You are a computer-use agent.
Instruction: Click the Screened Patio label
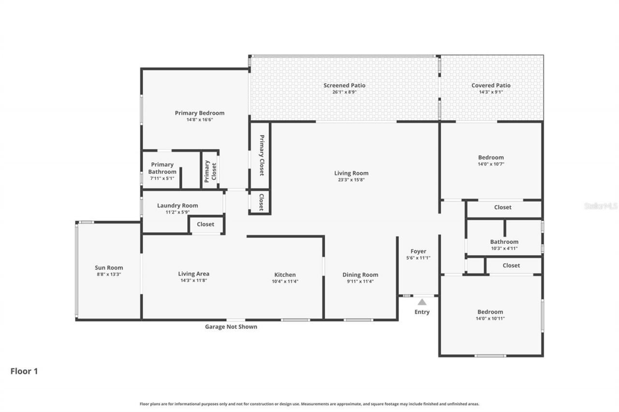click(344, 85)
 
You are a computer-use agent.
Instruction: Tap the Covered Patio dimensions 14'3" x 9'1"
click(491, 92)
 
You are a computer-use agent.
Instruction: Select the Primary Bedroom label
click(199, 113)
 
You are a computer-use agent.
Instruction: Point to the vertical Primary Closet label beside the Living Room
click(262, 155)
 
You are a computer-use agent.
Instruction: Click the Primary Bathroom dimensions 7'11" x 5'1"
click(162, 178)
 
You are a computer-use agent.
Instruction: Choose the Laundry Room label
click(177, 205)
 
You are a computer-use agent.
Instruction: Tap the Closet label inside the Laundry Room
click(206, 225)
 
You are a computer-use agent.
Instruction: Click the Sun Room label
click(109, 268)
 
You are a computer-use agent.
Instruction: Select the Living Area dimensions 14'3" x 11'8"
click(193, 281)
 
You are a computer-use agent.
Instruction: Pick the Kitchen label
click(285, 275)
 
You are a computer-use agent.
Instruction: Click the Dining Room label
click(360, 275)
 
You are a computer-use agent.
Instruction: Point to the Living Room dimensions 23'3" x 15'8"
click(351, 180)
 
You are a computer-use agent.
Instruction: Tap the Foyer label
click(418, 251)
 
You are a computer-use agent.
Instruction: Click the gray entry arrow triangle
click(422, 302)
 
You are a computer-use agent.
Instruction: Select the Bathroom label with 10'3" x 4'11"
click(504, 242)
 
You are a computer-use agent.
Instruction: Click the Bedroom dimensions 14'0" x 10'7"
click(491, 164)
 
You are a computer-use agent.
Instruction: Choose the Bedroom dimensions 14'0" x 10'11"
click(490, 318)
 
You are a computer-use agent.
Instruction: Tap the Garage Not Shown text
click(231, 327)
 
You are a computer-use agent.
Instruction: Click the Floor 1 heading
click(24, 371)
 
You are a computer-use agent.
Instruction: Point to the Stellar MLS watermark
click(601, 206)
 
